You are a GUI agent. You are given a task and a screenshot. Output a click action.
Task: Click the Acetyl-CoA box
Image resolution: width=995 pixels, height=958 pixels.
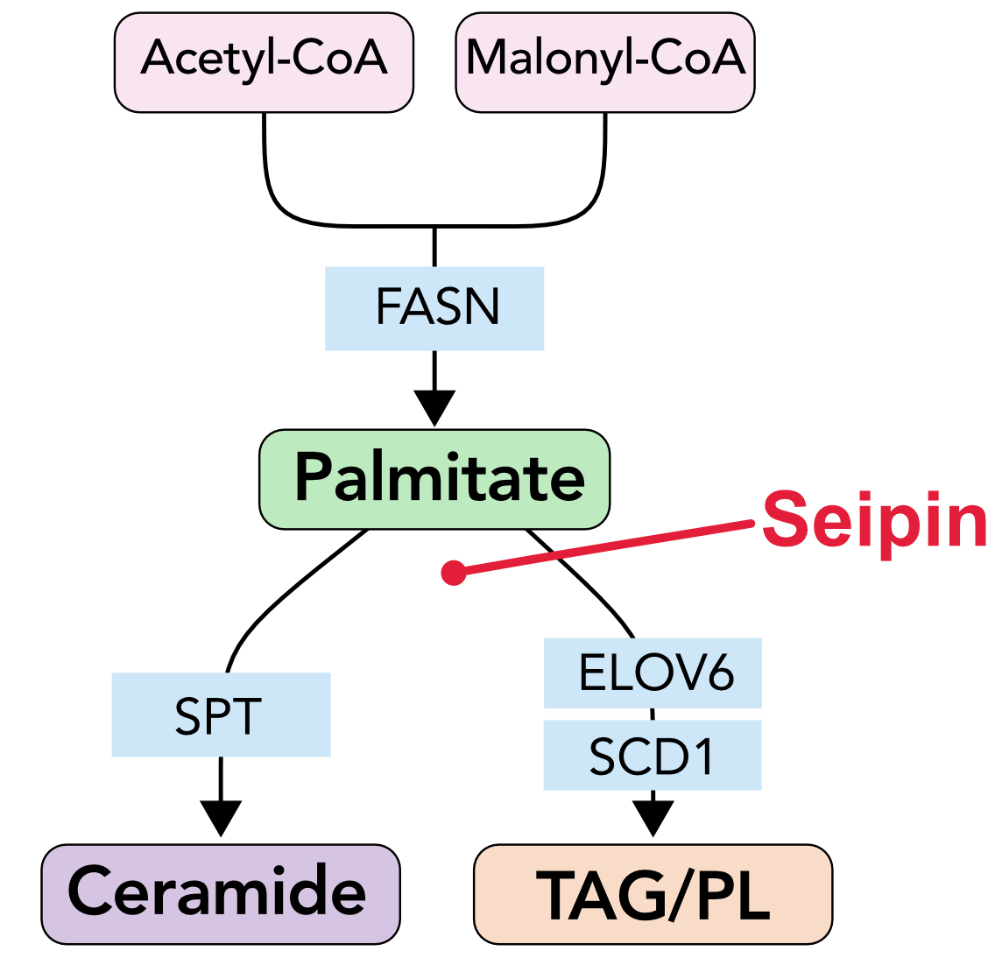click(264, 61)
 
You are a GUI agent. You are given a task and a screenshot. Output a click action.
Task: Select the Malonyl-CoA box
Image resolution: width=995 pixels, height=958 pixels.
click(604, 61)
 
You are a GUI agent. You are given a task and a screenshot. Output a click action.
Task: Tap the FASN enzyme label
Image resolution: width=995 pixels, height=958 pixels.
click(435, 308)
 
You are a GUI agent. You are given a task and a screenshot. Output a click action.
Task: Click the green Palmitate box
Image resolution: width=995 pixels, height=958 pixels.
click(434, 478)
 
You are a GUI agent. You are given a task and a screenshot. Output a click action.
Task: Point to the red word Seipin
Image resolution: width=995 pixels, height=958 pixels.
click(874, 521)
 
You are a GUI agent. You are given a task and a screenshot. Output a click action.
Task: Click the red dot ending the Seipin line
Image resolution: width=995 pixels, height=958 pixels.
click(454, 573)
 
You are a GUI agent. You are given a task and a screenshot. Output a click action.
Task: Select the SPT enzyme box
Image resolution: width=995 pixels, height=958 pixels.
click(221, 715)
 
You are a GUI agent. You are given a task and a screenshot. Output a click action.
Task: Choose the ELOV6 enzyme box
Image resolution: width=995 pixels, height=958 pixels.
click(653, 673)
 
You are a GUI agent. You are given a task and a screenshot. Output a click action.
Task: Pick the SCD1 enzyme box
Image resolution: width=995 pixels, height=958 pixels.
click(653, 755)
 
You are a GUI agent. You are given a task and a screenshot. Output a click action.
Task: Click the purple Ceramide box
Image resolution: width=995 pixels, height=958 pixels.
click(221, 893)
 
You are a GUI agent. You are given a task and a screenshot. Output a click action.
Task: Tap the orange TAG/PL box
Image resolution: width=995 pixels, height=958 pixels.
click(653, 893)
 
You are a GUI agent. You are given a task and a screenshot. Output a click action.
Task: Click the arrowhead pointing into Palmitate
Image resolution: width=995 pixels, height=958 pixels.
click(434, 408)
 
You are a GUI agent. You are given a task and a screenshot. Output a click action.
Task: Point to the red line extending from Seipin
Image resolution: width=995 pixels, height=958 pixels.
click(604, 547)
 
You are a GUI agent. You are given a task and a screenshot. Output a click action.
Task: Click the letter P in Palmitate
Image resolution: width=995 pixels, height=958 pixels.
click(314, 478)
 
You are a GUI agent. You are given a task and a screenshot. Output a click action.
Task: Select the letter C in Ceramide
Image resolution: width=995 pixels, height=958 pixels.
click(91, 891)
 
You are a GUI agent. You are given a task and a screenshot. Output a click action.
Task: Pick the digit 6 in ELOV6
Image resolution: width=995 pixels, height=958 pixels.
click(719, 673)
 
